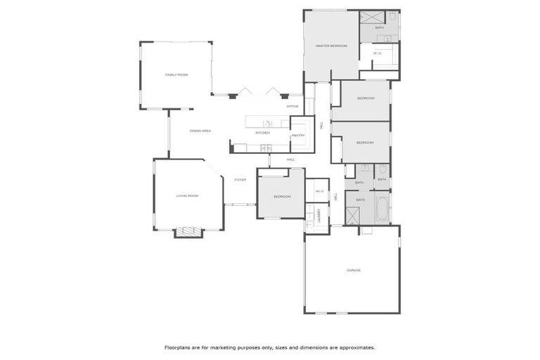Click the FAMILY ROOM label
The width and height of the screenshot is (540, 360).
pos(176,75)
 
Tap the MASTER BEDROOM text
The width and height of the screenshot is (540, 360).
pos(331,46)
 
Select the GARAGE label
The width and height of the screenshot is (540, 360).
pos(353,270)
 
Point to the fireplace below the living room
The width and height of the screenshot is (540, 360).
pos(188,232)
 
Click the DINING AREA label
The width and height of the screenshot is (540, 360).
pos(200,131)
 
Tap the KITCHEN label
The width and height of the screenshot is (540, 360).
pos(262,132)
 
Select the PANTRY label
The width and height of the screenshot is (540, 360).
pos(297,135)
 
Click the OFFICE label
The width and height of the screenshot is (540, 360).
pos(292,106)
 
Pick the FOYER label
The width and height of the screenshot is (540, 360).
pos(240,180)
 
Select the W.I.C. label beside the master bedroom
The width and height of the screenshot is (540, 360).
pos(378,53)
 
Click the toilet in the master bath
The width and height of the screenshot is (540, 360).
pos(392,16)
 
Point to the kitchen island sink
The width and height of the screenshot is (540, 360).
pos(267,124)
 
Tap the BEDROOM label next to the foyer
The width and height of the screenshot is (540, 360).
pos(282,196)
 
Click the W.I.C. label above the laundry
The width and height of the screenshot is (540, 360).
pos(319,191)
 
